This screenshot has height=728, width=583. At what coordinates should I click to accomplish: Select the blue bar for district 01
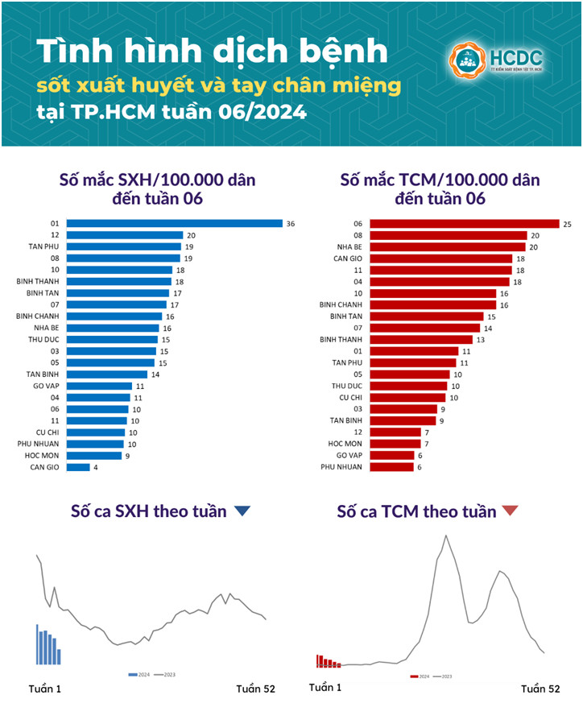pos(174,223)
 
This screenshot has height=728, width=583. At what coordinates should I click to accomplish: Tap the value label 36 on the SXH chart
pos(291,223)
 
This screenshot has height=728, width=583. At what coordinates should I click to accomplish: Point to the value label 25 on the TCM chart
pos(567,223)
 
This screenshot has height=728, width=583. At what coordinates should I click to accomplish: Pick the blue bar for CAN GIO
pos(77,467)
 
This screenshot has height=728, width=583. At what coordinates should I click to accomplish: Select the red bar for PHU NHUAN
pos(391,467)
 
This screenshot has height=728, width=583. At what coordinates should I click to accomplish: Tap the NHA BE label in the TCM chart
pos(348,246)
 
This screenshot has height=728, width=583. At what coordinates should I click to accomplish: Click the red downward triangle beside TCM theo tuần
pos(510,511)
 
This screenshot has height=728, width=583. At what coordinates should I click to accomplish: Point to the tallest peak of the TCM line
pos(445,536)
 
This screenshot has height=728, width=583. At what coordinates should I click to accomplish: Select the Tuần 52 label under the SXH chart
pos(255,689)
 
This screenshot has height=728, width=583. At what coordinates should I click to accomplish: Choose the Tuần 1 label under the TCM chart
pos(325,688)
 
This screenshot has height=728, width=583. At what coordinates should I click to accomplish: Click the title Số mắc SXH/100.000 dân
pos(157,179)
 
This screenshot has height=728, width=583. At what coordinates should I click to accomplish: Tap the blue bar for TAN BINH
pos(106,374)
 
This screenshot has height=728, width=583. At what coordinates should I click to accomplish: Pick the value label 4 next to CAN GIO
pos(97,467)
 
